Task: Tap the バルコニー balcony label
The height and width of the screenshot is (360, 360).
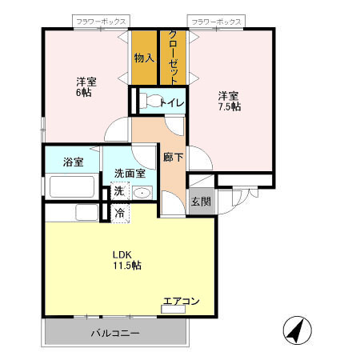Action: [115, 332]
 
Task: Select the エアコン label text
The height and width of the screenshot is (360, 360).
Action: [181, 302]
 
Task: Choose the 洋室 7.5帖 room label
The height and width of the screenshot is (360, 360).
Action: [230, 101]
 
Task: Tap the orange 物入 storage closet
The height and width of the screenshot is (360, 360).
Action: [144, 58]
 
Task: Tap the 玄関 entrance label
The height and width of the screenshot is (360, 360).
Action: [200, 202]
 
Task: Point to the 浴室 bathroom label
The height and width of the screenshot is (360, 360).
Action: [74, 162]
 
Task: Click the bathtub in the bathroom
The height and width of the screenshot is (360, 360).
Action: [73, 186]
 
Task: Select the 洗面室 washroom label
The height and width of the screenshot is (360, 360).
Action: [129, 173]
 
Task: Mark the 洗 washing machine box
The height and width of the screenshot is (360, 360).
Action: [118, 192]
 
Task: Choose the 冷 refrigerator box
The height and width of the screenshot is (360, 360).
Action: [118, 213]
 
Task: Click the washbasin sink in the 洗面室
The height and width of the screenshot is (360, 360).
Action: [142, 192]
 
